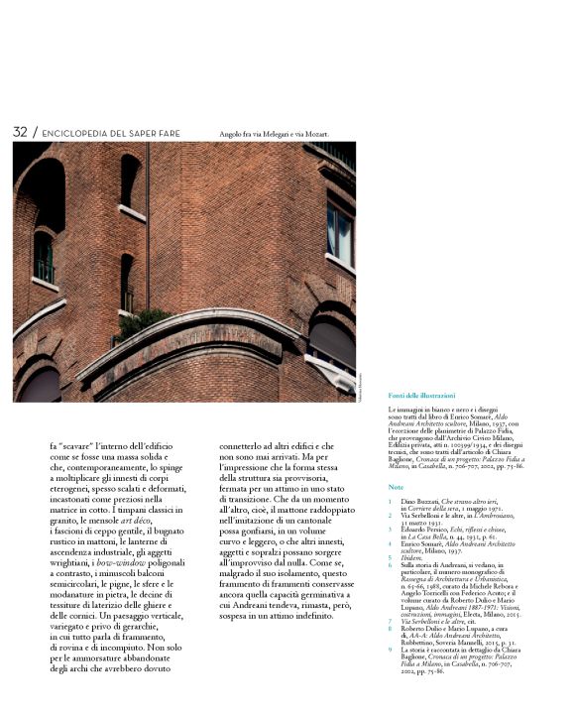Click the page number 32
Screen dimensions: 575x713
[x=20, y=132]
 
